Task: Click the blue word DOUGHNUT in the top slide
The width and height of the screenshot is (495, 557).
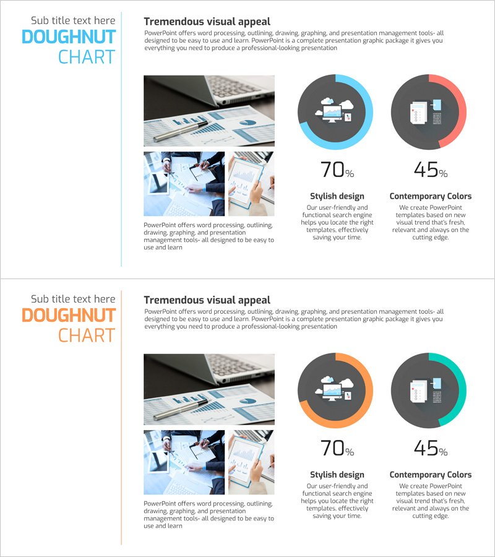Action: point(69,37)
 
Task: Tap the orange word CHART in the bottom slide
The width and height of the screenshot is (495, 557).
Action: point(87,335)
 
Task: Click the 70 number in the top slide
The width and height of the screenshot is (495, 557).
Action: point(332,170)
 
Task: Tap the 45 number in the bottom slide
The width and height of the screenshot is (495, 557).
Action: point(426,448)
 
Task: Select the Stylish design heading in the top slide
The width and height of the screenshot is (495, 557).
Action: point(337,196)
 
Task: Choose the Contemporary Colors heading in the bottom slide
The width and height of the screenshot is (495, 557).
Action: point(431,475)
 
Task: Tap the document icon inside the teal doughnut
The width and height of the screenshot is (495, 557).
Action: point(419,391)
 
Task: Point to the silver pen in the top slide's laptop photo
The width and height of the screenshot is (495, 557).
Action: point(181,131)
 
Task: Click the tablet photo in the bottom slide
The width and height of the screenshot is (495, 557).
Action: point(251,462)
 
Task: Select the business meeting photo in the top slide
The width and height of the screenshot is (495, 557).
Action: point(184,184)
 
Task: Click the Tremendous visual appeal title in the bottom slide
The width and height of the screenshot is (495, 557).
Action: point(207,300)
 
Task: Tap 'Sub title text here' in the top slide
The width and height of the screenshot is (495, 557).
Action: point(73,20)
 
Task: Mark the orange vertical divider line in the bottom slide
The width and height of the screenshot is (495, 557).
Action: point(121,418)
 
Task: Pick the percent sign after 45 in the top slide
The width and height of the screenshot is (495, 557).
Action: point(443,173)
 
